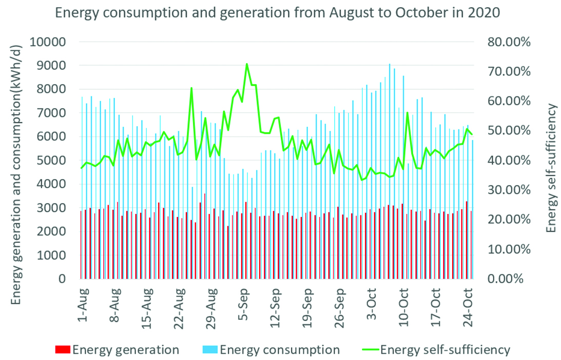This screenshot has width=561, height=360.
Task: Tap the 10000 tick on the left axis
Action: (51, 42)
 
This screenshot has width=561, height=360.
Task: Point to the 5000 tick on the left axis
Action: (55, 161)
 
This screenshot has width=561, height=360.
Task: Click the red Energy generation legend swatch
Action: (63, 350)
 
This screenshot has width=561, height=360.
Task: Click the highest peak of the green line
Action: (247, 64)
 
